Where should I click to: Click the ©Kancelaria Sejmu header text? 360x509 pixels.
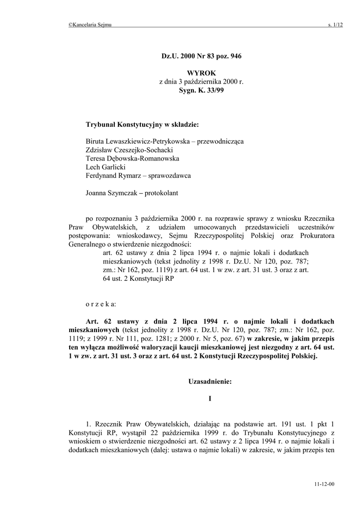click(90, 24)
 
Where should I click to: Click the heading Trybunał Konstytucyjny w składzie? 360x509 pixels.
click(142, 125)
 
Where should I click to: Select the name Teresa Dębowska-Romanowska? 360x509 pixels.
click(132, 159)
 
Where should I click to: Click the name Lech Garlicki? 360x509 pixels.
click(106, 167)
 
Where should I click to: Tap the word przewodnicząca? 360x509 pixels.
click(220, 141)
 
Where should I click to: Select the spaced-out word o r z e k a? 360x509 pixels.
click(101, 303)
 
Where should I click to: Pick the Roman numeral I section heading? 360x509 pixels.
click(210, 399)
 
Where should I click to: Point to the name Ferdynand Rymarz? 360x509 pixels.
click(113, 175)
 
